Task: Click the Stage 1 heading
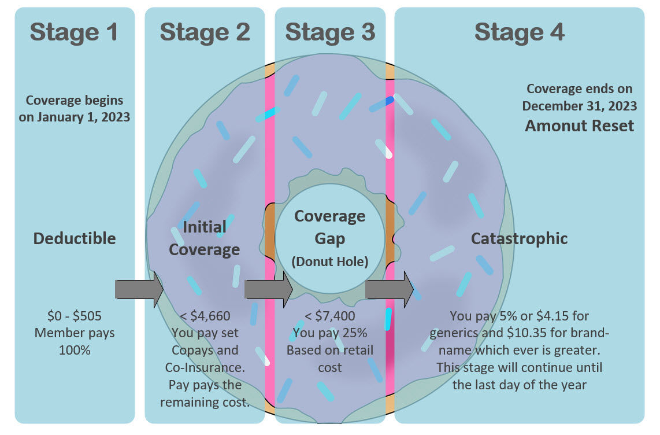(x=74, y=32)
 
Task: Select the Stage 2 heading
(x=205, y=32)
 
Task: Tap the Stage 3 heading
(x=330, y=32)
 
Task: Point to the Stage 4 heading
(x=519, y=32)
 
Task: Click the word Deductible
(x=75, y=238)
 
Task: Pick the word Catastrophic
(x=519, y=238)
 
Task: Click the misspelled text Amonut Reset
(x=579, y=126)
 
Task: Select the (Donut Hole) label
(x=329, y=261)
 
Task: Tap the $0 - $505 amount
(x=74, y=316)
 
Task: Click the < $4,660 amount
(x=205, y=316)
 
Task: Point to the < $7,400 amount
(x=330, y=316)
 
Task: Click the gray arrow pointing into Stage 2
(x=139, y=289)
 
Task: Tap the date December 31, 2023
(x=579, y=106)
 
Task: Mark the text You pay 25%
(x=330, y=333)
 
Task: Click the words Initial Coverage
(x=204, y=238)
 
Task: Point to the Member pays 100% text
(x=74, y=341)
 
